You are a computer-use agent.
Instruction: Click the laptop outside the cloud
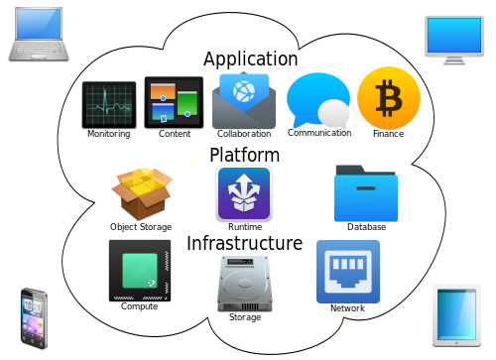39,34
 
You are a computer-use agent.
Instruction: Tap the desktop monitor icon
454,41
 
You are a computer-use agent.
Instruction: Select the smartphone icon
34,318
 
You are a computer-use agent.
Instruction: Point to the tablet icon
456,315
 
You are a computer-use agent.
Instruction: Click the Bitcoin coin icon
389,98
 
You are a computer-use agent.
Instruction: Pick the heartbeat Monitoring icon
109,105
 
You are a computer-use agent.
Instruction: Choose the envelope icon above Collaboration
244,100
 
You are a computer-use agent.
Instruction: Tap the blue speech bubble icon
318,100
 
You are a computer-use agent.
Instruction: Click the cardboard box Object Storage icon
142,193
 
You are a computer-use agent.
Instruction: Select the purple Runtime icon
244,193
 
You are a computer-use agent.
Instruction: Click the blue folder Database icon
366,193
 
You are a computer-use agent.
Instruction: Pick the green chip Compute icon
140,271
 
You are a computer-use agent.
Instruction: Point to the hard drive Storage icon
245,284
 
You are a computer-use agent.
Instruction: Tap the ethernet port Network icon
348,272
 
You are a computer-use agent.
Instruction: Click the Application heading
251,60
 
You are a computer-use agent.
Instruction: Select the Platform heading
245,155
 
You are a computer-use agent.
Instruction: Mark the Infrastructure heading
245,243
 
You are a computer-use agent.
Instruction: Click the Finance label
389,134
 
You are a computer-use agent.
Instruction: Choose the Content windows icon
174,102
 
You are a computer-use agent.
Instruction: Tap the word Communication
319,133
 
